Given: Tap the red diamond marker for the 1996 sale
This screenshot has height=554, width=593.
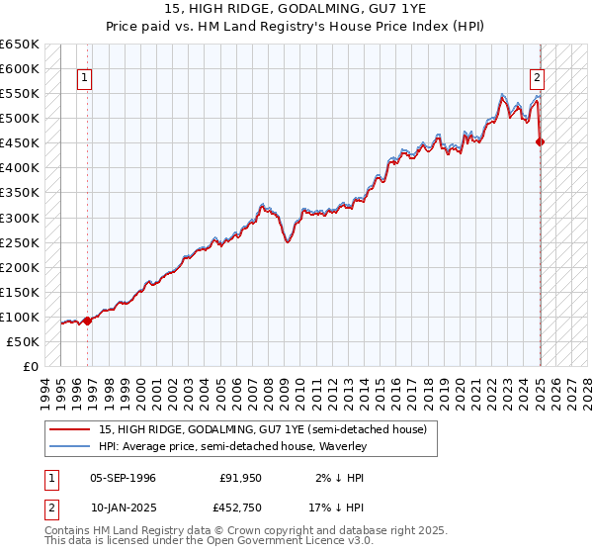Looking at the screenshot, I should pos(87,320).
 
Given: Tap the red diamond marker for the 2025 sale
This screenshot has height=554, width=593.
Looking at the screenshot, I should pos(541,141).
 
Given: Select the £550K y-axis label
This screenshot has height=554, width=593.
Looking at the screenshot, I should pos(21,94).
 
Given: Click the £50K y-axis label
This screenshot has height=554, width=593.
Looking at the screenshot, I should pos(24,341).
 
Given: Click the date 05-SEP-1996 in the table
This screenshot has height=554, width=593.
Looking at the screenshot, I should pos(123,478).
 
